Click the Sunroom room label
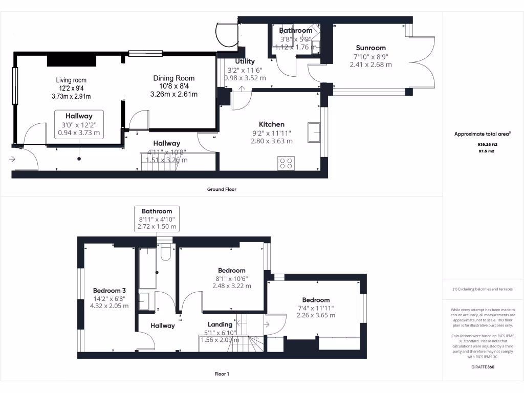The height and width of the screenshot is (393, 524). pyautogui.click(x=370, y=48)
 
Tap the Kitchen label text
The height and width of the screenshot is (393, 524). pyautogui.click(x=271, y=124)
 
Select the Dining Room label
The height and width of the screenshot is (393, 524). pyautogui.click(x=174, y=78)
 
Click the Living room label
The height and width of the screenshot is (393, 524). pyautogui.click(x=71, y=80)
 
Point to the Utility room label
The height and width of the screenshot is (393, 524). pyautogui.click(x=245, y=61)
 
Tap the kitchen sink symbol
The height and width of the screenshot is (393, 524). pyautogui.click(x=314, y=133)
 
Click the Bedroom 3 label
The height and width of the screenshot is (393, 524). pyautogui.click(x=110, y=291)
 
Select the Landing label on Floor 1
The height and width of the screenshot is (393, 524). pyautogui.click(x=220, y=324)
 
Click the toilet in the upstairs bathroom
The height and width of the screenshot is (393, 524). pyautogui.click(x=165, y=252)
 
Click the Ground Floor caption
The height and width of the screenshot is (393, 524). pyautogui.click(x=222, y=189)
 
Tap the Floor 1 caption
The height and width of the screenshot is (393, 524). pyautogui.click(x=222, y=374)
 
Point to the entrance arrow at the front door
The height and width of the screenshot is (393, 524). pyautogui.click(x=12, y=159)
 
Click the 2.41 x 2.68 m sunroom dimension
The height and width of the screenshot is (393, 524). pyautogui.click(x=370, y=64)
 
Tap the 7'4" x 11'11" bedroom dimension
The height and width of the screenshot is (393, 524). pyautogui.click(x=316, y=308)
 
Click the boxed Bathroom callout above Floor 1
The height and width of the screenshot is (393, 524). pyautogui.click(x=157, y=219)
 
